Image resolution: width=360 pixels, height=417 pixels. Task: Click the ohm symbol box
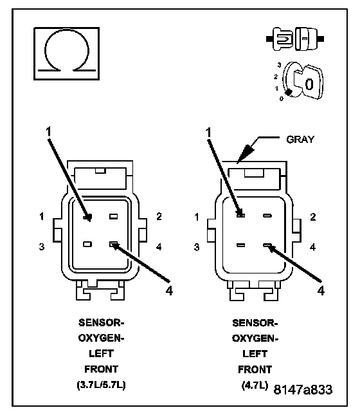tap(66, 53)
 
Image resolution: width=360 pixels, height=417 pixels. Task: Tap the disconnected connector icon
tap(295, 39)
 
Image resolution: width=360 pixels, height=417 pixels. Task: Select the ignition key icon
tap(303, 82)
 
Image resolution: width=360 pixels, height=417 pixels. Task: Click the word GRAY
tap(300, 140)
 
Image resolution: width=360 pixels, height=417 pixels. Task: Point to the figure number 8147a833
tap(303, 390)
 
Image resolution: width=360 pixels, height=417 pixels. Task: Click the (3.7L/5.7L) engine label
tap(101, 385)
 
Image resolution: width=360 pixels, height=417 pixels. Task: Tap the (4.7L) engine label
tap(255, 385)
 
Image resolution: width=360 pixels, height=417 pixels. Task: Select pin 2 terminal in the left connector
tap(114, 216)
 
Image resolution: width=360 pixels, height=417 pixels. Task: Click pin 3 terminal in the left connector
tap(87, 244)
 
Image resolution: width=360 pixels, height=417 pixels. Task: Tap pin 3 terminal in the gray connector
tap(240, 245)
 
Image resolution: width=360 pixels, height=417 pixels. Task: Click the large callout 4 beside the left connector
tap(169, 290)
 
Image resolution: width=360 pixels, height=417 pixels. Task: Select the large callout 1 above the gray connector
tap(208, 133)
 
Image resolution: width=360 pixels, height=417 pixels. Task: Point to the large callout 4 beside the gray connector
tap(321, 290)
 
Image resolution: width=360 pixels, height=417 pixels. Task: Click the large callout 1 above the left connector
tap(48, 132)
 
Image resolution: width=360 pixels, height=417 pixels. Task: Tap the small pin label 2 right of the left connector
tap(159, 216)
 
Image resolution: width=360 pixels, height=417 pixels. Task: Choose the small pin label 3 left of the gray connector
tap(196, 247)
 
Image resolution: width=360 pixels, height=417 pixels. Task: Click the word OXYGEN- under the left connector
tap(101, 338)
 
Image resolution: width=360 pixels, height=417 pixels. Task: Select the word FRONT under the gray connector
tap(255, 369)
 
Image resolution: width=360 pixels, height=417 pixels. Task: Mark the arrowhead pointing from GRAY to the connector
tap(245, 154)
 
